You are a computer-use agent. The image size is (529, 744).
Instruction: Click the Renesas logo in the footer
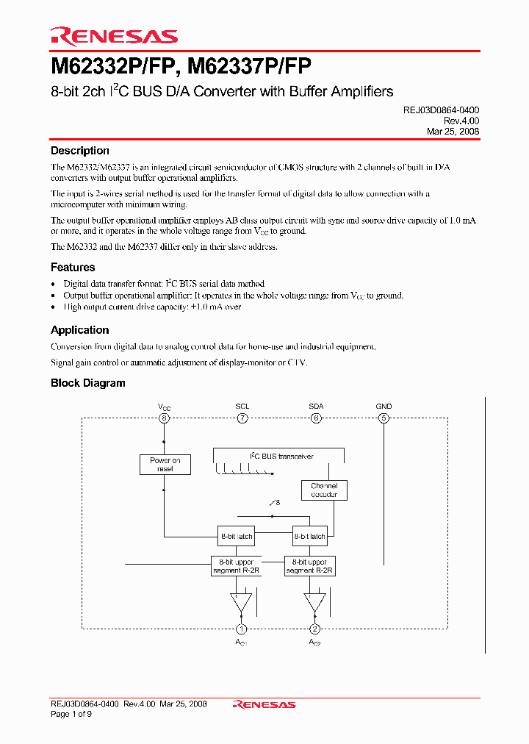click(264, 704)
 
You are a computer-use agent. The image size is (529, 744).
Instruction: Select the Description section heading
click(79, 151)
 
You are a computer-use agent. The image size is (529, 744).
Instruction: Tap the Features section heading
click(73, 268)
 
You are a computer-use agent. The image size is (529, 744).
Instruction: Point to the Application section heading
click(79, 330)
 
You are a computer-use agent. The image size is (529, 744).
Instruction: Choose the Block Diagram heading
click(87, 383)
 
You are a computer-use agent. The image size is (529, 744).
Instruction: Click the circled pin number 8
click(164, 418)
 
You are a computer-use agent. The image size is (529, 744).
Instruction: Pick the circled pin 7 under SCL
click(242, 418)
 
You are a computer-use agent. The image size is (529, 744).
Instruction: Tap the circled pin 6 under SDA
click(316, 418)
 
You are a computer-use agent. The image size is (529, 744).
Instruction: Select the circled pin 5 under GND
click(384, 418)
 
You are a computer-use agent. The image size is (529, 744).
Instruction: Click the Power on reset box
click(165, 465)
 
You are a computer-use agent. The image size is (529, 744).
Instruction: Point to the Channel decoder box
click(324, 490)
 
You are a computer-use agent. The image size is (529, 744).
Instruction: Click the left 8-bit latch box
click(236, 536)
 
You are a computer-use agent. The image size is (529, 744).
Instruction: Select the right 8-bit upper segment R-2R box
click(310, 566)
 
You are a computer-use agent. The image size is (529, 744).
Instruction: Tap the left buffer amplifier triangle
click(240, 601)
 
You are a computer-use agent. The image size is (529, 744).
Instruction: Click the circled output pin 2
click(314, 629)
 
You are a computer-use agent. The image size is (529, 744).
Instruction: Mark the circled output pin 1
click(240, 629)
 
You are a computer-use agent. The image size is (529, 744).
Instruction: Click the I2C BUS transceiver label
click(282, 457)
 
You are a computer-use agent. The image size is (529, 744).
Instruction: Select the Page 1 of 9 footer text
click(71, 714)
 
